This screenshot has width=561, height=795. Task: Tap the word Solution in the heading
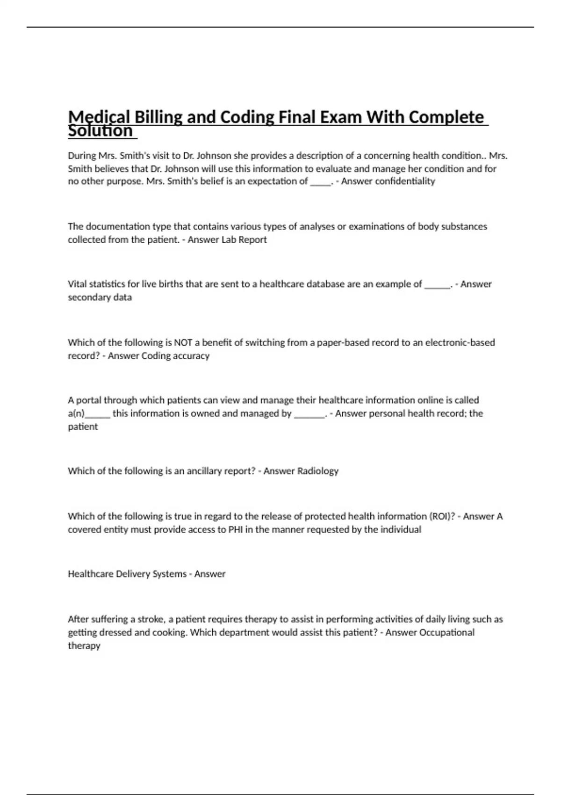[x=101, y=131]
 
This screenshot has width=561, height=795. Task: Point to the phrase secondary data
[x=100, y=297]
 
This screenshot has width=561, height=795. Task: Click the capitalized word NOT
[x=183, y=342]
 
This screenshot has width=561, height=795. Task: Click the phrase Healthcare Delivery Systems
[x=127, y=574]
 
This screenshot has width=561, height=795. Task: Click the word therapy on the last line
[x=84, y=646]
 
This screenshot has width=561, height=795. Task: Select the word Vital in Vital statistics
[x=77, y=284]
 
